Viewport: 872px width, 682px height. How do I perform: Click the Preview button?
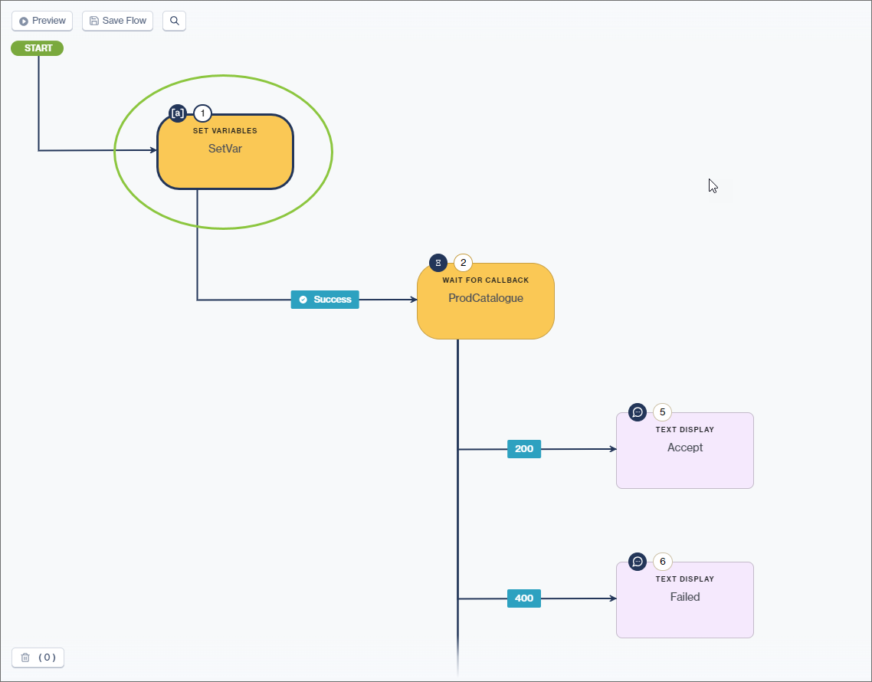(42, 21)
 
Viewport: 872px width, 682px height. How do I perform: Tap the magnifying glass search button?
(174, 21)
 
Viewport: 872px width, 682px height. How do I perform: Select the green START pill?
(38, 48)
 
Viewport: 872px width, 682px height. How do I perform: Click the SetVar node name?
(225, 149)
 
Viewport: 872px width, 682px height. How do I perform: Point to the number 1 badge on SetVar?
(202, 113)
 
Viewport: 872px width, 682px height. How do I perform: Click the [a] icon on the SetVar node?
(177, 113)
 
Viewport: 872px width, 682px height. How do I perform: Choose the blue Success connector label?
(325, 300)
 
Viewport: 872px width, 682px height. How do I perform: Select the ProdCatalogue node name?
(485, 298)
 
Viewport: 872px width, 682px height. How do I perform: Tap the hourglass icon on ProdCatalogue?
(438, 263)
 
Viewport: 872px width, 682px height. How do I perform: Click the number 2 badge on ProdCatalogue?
(463, 263)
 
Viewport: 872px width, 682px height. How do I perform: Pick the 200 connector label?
(524, 449)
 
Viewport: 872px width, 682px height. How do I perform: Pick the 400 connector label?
(524, 598)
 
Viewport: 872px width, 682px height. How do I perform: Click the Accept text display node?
(684, 451)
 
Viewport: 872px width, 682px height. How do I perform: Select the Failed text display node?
(684, 600)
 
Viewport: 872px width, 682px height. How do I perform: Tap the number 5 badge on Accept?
(662, 412)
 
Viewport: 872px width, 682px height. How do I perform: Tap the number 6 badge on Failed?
(662, 562)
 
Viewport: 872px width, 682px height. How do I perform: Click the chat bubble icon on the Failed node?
(638, 562)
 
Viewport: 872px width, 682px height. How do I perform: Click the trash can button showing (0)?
(38, 657)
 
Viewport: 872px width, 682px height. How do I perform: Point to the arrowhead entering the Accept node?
(613, 449)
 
